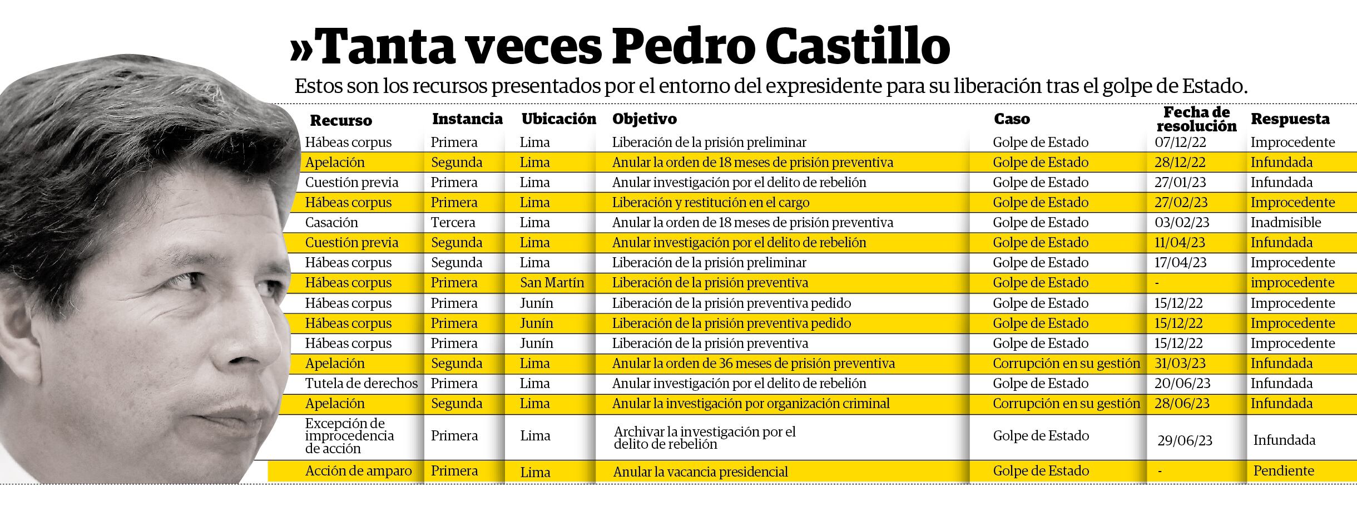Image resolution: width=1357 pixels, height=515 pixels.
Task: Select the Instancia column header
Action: tap(467, 119)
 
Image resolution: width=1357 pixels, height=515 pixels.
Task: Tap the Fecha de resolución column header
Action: tap(1196, 119)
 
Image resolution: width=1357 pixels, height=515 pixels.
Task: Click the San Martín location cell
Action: tap(552, 283)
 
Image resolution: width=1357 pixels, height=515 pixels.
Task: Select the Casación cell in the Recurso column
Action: tap(331, 223)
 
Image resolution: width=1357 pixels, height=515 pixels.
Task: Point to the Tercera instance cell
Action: tap(453, 223)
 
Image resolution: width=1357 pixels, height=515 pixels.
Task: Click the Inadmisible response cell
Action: tap(1286, 223)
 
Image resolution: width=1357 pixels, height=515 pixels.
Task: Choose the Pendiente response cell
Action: tap(1284, 471)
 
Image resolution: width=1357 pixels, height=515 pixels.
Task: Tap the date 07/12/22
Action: tap(1180, 143)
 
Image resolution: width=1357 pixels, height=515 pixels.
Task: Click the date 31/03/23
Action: tap(1180, 364)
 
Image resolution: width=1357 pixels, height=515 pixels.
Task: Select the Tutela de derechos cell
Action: tap(361, 384)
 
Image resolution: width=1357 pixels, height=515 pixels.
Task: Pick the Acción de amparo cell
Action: tap(358, 471)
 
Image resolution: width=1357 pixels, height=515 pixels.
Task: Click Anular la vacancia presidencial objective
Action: tap(700, 472)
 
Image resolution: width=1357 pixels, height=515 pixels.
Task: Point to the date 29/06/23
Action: tap(1185, 440)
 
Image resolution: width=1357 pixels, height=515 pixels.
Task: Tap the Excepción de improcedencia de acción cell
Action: tap(349, 436)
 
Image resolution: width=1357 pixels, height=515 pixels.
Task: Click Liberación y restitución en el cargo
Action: tap(710, 203)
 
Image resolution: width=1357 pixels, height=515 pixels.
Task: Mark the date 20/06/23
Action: tap(1182, 384)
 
